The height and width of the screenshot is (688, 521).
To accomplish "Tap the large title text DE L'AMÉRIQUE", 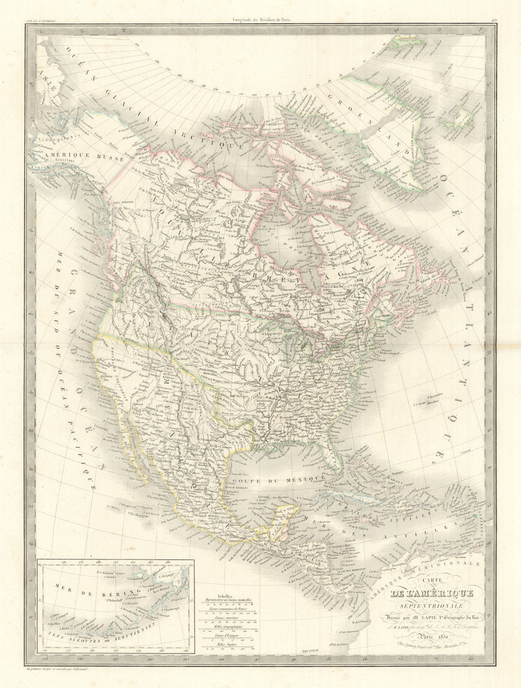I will click(431, 595).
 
